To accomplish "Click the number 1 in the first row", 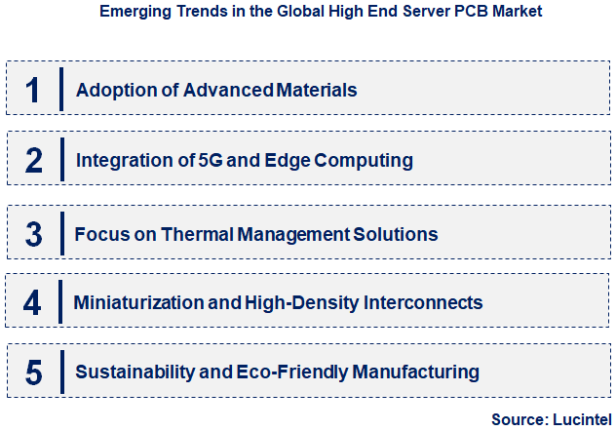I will pos(32,90).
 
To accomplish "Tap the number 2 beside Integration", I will pos(33,160).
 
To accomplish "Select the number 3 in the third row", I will pos(34,234).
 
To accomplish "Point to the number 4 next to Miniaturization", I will pos(33,303).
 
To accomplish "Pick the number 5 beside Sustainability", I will pos(34,372).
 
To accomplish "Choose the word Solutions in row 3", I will pos(397,235).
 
